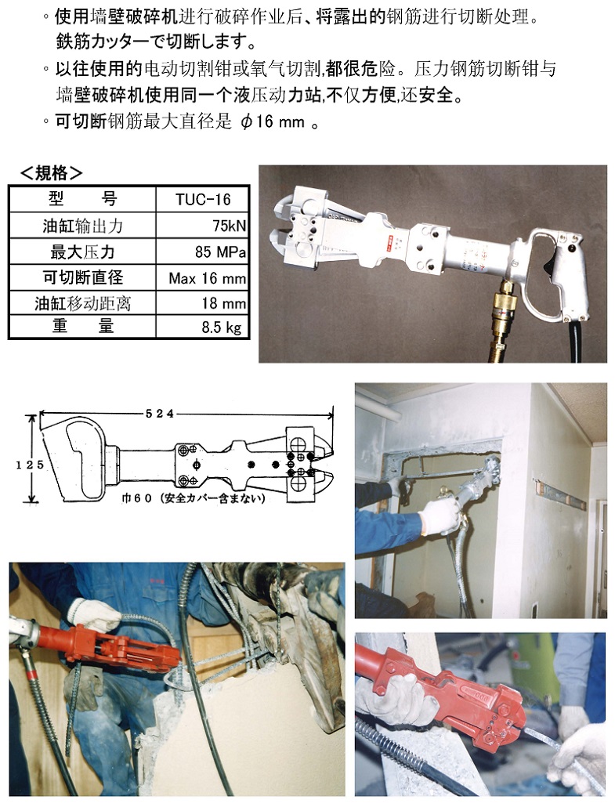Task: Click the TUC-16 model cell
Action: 203,199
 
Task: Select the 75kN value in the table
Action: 229,226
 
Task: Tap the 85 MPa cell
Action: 220,252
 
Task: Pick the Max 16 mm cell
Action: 208,278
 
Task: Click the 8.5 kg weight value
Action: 221,328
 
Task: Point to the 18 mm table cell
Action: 223,303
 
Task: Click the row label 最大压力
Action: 82,252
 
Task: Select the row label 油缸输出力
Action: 82,226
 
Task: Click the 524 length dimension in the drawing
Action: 160,413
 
